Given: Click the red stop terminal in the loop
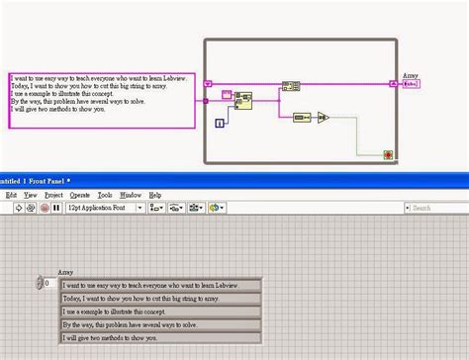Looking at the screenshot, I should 389,153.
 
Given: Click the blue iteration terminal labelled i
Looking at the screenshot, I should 220,123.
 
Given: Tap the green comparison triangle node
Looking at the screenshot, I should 323,117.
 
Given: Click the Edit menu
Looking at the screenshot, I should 12,196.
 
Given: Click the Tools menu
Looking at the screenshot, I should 105,196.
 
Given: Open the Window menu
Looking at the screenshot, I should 131,196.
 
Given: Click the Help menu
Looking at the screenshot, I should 155,196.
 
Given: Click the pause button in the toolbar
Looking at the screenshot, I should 55,208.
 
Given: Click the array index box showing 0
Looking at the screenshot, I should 48,283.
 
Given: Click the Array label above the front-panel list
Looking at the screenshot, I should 65,271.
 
